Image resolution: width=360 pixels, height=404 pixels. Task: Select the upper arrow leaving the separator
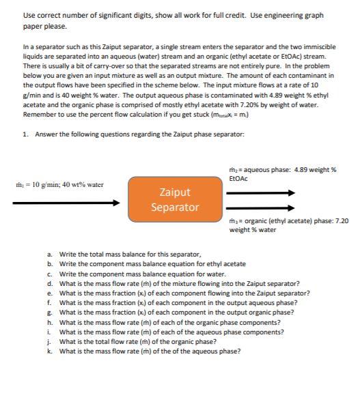pyautogui.click(x=260, y=192)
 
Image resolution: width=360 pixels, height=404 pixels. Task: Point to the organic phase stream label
pyautogui.click(x=289, y=225)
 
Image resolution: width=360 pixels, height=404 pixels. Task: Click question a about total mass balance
pyautogui.click(x=130, y=253)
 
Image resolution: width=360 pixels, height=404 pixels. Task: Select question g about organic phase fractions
pyautogui.click(x=176, y=312)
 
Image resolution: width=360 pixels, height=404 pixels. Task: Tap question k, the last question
pyautogui.click(x=150, y=351)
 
